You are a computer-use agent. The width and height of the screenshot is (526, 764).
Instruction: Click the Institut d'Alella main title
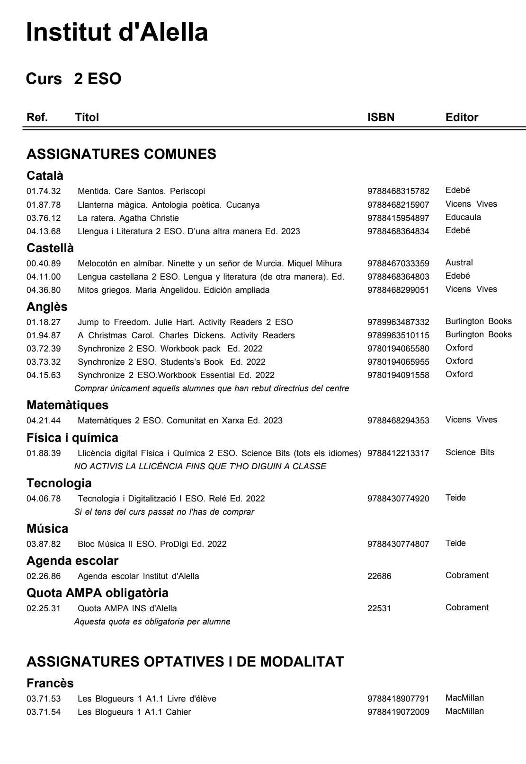[117, 32]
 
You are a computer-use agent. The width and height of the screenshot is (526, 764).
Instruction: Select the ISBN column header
[381, 117]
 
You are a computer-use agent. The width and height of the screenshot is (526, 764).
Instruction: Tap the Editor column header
[462, 117]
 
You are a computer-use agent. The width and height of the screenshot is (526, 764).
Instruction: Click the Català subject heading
[45, 176]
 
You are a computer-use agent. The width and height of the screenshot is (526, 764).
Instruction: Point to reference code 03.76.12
[44, 218]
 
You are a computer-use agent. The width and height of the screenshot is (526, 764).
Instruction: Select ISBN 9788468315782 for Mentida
[398, 192]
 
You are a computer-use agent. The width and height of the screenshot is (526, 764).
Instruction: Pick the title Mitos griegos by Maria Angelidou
[173, 290]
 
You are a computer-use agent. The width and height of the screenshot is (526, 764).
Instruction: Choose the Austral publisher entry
[459, 263]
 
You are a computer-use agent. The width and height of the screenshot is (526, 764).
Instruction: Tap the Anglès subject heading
[47, 307]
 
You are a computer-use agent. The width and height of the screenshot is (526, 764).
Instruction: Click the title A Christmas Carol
[186, 335]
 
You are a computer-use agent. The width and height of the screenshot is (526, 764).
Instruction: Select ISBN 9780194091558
[398, 375]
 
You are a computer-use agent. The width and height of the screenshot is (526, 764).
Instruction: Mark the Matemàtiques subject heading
[67, 405]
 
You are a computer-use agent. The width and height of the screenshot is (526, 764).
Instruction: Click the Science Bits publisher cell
[470, 452]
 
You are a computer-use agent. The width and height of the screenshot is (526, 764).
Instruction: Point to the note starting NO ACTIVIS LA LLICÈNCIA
[200, 466]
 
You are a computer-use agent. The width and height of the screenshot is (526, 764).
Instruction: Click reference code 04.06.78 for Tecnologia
[44, 499]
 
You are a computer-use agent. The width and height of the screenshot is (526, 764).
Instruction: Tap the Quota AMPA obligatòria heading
[97, 592]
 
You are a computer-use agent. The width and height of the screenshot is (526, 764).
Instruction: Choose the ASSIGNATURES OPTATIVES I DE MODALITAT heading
[185, 662]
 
